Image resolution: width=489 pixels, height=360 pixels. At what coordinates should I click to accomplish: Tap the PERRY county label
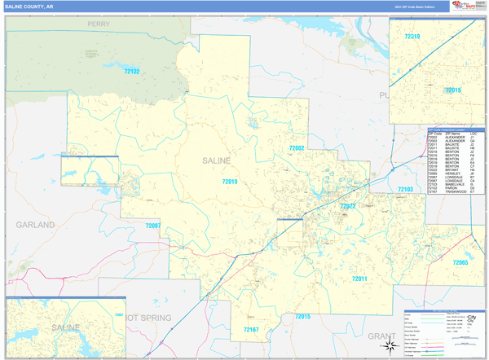pos(99,24)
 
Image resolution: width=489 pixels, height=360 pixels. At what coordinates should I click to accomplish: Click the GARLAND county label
pos(35,223)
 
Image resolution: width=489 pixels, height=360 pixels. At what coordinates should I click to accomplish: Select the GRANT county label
pos(381,336)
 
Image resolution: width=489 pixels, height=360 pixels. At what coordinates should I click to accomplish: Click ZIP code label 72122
pos(131,72)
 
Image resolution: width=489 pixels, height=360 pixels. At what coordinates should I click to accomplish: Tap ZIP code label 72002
pos(296,148)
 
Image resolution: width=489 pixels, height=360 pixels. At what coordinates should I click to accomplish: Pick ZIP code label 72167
pos(251,329)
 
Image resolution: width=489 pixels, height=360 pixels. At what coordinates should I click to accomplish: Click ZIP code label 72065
pos(460,262)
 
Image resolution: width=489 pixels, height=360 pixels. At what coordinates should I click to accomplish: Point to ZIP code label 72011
pos(360,279)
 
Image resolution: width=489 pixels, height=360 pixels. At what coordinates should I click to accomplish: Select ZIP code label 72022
pos(348,206)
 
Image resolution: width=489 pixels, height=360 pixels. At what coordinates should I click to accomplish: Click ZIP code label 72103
pos(405,189)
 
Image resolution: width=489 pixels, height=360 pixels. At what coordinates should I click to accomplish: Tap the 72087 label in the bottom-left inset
pos(119,314)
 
